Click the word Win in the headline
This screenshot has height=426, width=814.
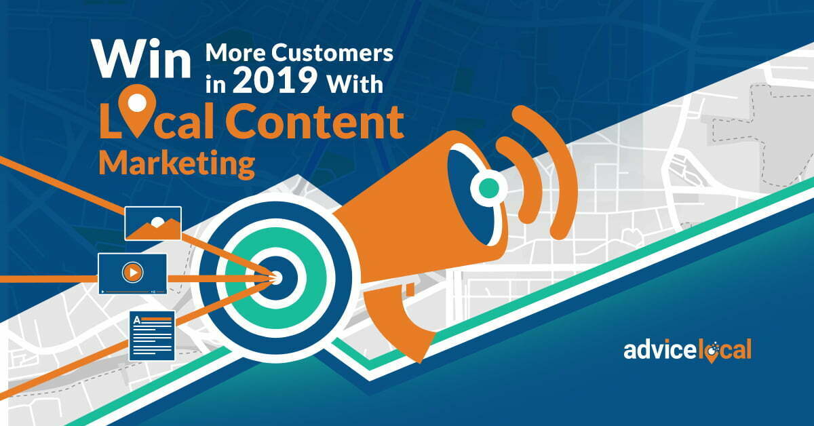click(141, 59)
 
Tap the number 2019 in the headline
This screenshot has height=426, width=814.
click(275, 80)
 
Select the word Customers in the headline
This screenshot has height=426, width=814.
click(332, 53)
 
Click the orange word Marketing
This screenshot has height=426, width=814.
click(177, 163)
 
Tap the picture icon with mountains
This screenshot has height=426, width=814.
click(153, 223)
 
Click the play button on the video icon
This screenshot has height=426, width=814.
click(132, 272)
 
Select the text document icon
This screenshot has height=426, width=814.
click(152, 336)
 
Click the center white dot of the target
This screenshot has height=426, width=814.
click(276, 278)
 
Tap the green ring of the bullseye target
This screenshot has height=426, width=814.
click(275, 278)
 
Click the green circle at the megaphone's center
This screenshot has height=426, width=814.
click(489, 188)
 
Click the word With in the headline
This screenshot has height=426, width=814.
click(355, 84)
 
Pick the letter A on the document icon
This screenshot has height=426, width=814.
click(136, 320)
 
